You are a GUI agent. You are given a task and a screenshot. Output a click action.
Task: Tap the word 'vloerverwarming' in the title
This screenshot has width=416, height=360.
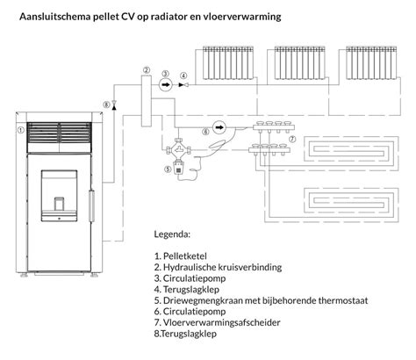pyautogui.click(x=253, y=16)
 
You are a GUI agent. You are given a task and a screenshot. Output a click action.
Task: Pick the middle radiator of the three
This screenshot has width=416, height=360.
pyautogui.click(x=299, y=64)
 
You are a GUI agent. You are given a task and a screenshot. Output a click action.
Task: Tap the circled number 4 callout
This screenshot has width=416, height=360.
pyautogui.click(x=183, y=76)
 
